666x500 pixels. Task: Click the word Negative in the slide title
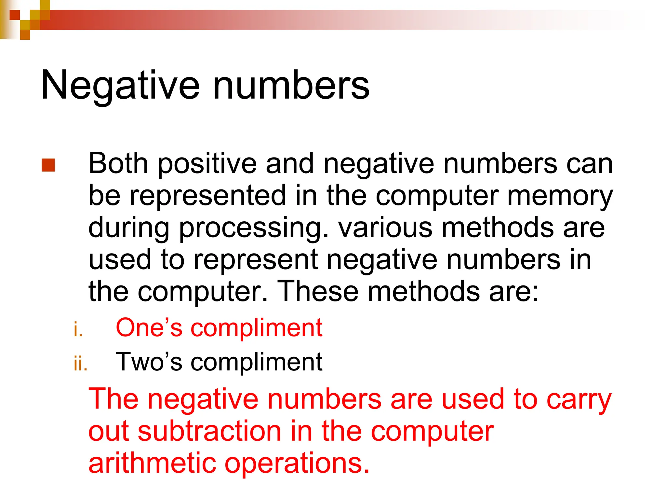coord(120,85)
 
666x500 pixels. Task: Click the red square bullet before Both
coord(48,165)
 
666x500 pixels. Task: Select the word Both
coord(118,163)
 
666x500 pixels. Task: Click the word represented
coord(207,196)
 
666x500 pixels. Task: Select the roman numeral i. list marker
coord(78,329)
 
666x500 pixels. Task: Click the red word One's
coord(149,327)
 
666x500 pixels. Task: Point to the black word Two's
coord(149,362)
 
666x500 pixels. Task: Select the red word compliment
coord(256,328)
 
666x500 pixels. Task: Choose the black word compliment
coord(256,362)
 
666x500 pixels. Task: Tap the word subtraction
coord(209,431)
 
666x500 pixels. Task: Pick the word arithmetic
coord(152,463)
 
